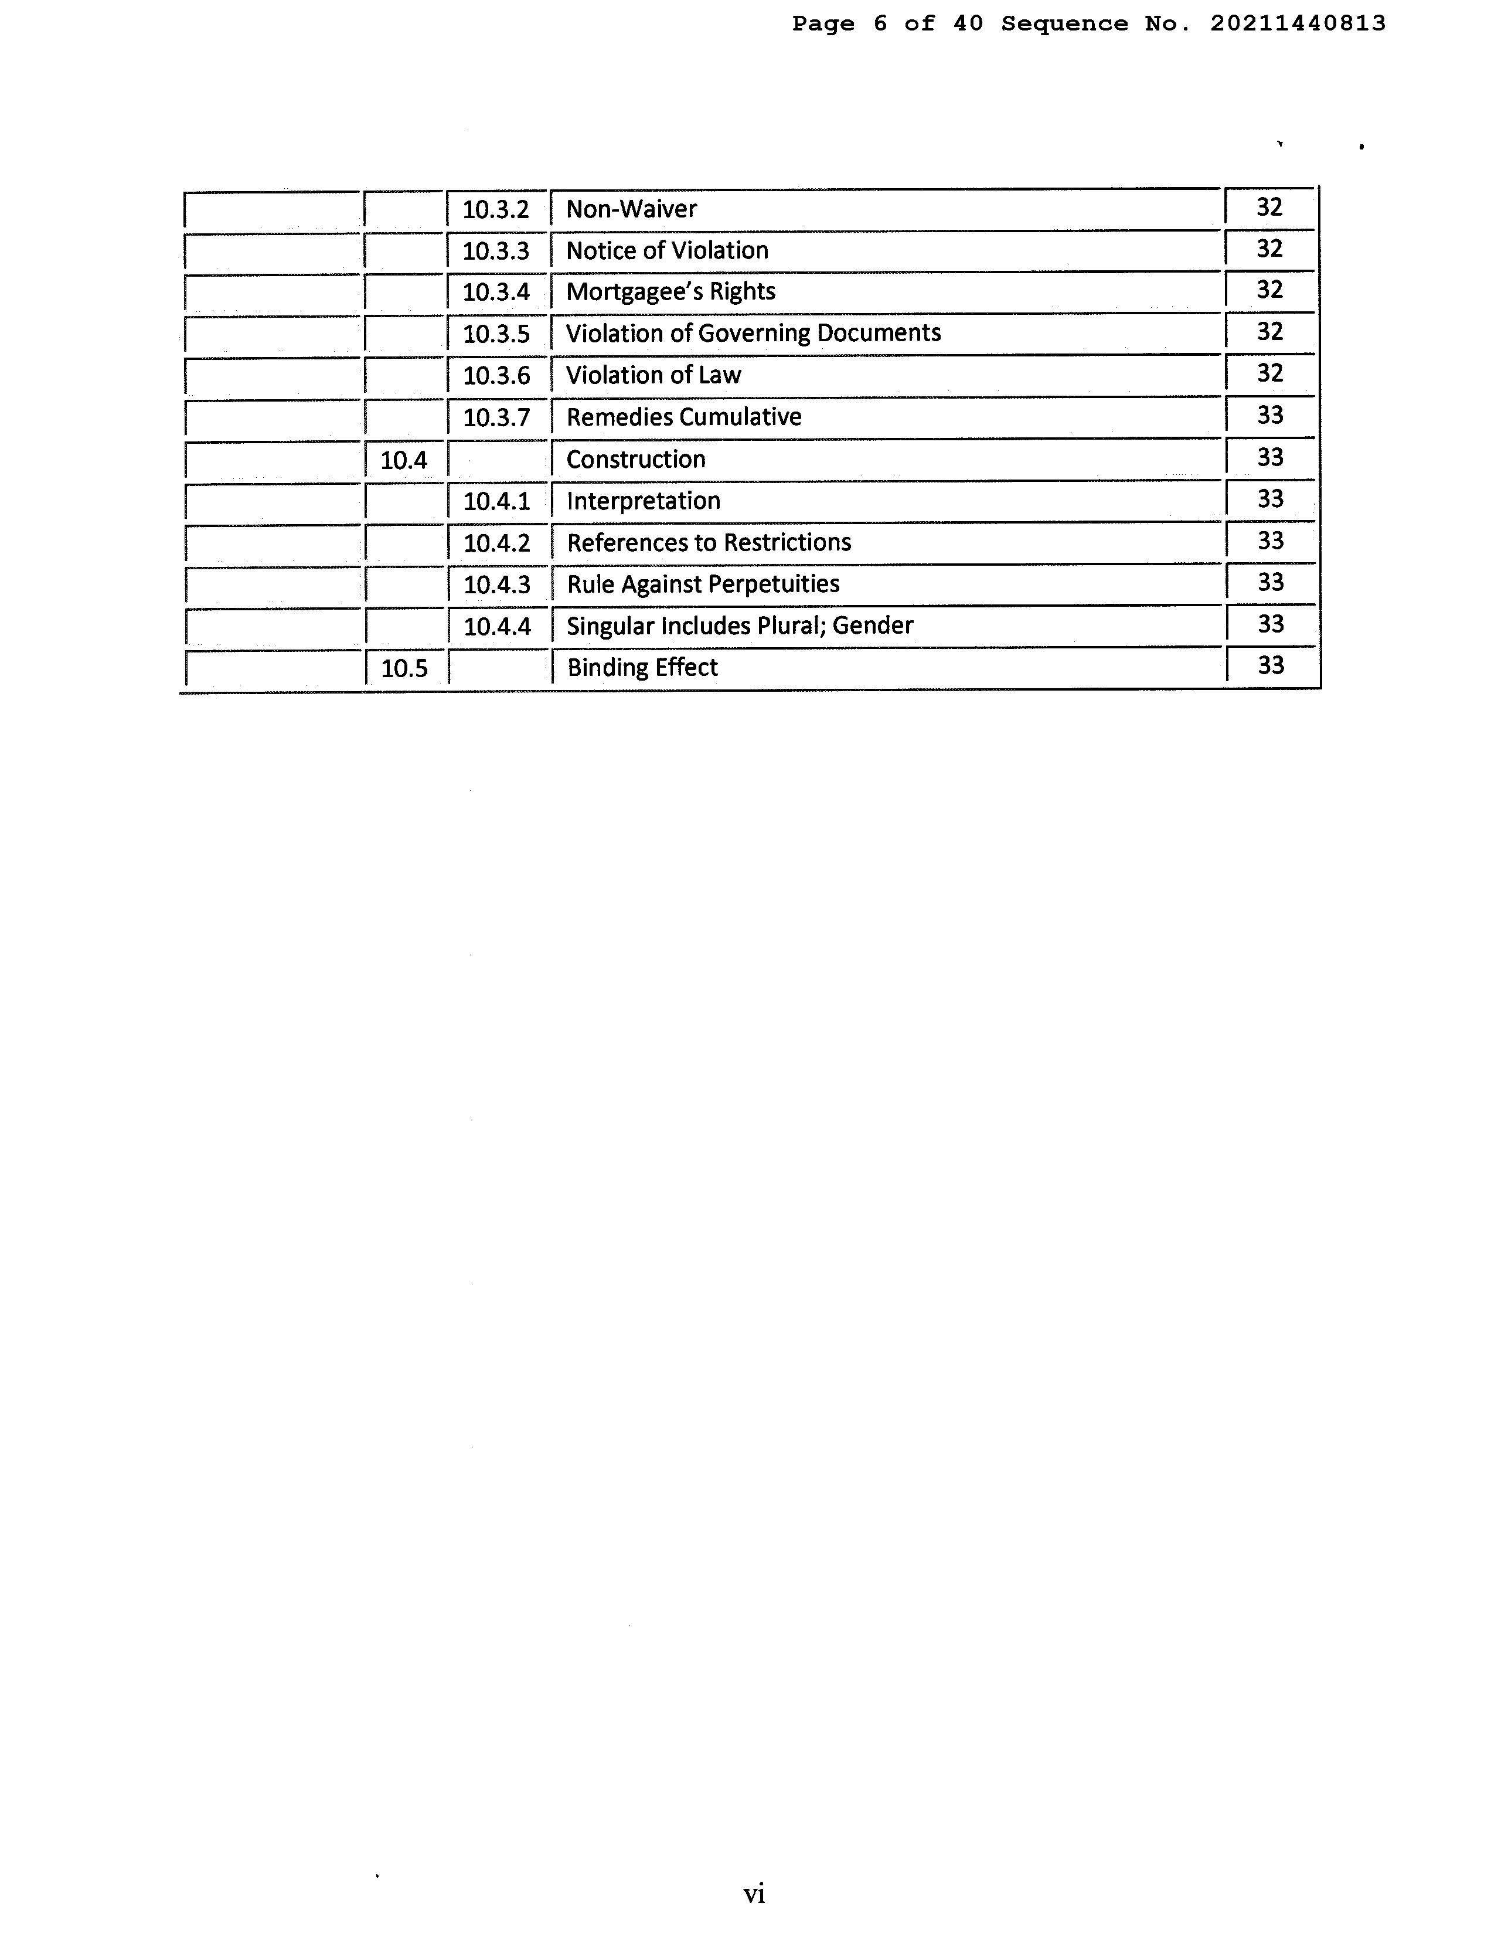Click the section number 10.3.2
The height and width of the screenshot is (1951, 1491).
tap(495, 209)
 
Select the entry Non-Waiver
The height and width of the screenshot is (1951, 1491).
tap(631, 209)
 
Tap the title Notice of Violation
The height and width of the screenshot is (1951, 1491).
tap(666, 251)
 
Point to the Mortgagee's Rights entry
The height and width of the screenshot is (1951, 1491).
tap(670, 292)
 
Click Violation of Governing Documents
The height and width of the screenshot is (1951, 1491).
tap(753, 334)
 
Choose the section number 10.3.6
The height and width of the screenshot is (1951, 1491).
tap(496, 375)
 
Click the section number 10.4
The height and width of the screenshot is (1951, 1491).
tap(404, 460)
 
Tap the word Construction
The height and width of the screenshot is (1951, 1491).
tap(635, 460)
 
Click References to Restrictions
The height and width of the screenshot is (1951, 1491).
tap(708, 542)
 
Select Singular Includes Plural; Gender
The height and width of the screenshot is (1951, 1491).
tap(739, 626)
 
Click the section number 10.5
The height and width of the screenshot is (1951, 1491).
tap(404, 668)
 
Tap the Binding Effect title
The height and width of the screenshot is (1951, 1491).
tap(642, 668)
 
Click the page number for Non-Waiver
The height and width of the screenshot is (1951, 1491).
tap(1269, 207)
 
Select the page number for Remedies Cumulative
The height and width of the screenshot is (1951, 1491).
tap(1270, 414)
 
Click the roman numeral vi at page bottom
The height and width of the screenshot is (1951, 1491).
tap(754, 1894)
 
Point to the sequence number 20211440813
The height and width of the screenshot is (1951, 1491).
tap(1298, 24)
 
